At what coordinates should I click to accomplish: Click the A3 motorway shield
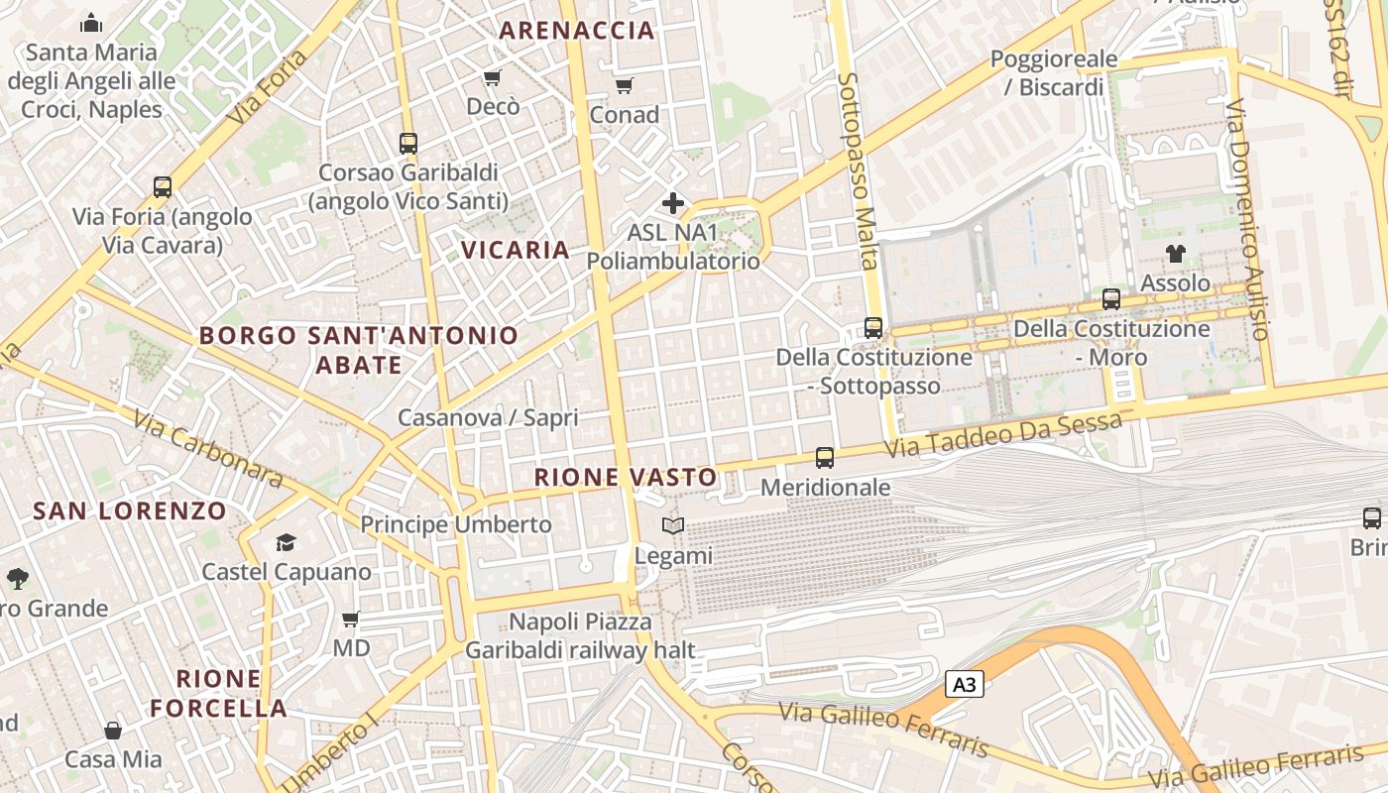click(965, 684)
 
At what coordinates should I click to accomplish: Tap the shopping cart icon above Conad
click(624, 86)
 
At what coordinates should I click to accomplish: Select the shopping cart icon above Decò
click(492, 77)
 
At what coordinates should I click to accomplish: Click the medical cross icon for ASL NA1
click(673, 204)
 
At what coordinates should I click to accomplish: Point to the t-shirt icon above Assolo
click(1176, 254)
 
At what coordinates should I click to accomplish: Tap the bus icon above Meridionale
click(825, 457)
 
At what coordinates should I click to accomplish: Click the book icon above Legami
click(673, 525)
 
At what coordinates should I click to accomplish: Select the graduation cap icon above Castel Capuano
click(287, 542)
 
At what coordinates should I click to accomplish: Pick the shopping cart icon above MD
click(350, 620)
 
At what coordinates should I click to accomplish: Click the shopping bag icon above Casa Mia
click(113, 731)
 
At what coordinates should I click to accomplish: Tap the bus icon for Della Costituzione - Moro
click(1111, 298)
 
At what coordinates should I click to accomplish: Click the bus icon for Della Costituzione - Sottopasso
click(873, 327)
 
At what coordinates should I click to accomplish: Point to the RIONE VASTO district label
click(626, 477)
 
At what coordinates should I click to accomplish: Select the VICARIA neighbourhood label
click(516, 250)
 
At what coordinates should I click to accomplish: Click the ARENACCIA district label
click(577, 30)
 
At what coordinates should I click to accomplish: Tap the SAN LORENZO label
click(130, 511)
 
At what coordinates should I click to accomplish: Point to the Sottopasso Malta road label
click(858, 170)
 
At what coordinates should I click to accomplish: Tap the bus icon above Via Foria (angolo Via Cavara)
click(163, 186)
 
